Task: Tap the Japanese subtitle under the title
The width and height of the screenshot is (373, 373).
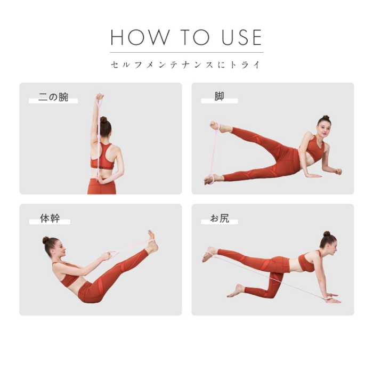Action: coord(186,65)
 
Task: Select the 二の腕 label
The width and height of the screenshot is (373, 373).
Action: coord(53,98)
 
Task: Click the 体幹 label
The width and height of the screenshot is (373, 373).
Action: coord(50,218)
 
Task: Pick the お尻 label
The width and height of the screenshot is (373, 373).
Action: coord(219,218)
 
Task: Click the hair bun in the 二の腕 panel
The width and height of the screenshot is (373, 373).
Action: coord(103,120)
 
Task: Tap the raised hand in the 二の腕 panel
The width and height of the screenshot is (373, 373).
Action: coord(100,98)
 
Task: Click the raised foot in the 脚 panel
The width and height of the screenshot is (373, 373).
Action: coord(215,126)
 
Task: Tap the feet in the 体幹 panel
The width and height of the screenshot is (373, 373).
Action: coord(152,242)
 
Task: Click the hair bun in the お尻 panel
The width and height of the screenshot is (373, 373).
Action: coord(327,234)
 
